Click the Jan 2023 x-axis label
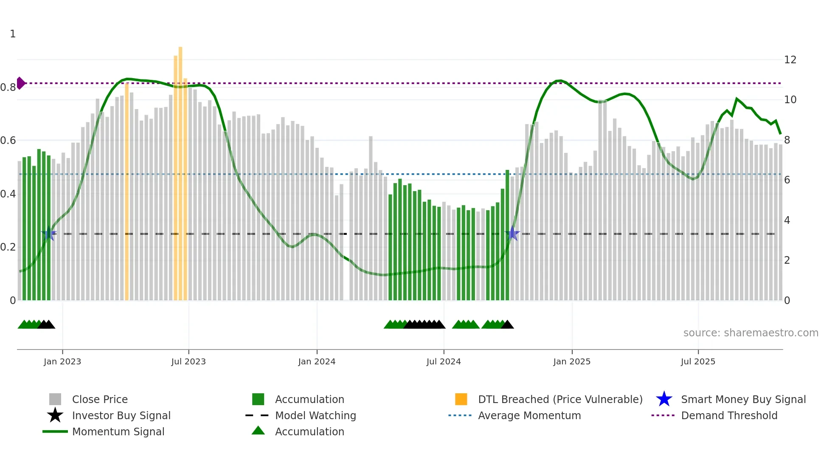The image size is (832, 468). coord(62,361)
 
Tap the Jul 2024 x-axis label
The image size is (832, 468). coord(444,361)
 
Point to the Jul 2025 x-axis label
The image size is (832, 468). coord(698,361)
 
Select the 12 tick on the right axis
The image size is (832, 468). coord(790,60)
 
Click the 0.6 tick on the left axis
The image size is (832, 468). coord(8,141)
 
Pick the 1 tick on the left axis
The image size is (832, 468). coord(13,34)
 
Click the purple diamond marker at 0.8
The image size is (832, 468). coord(20,83)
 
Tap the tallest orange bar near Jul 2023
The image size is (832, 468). coord(180,170)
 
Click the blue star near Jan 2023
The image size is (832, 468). coord(49,234)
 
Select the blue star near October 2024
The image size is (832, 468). coord(512,234)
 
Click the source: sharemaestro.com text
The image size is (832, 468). coord(750,333)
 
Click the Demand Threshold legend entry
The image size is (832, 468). coord(729,416)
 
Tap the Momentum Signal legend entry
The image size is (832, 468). coord(118,432)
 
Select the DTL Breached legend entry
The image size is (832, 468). coord(560,400)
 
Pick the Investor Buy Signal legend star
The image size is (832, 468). coord(55,416)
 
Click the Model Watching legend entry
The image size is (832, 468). coord(315,416)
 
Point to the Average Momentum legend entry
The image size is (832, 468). coord(529,416)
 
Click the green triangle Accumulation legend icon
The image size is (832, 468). coord(258,431)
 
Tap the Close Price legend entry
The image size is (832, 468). coord(100,400)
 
